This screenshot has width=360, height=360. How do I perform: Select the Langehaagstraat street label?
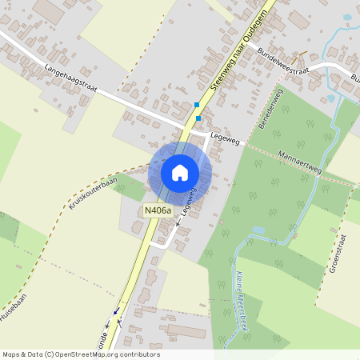click(x=70, y=78)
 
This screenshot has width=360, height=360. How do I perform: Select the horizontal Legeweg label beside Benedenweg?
click(x=225, y=140)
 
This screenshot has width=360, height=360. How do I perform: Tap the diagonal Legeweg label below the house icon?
click(x=188, y=202)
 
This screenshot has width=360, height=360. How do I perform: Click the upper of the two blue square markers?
click(x=197, y=104)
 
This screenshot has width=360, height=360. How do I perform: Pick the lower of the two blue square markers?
click(x=198, y=118)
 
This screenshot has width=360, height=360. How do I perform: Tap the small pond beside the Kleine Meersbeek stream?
click(x=258, y=230)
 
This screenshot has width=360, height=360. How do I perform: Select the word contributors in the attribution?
click(x=141, y=354)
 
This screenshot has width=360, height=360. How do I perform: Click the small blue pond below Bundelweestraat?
click(x=330, y=98)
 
